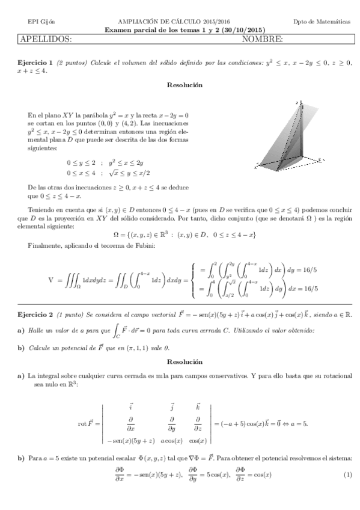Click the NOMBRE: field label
click(262, 40)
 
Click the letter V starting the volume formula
click(50, 280)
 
